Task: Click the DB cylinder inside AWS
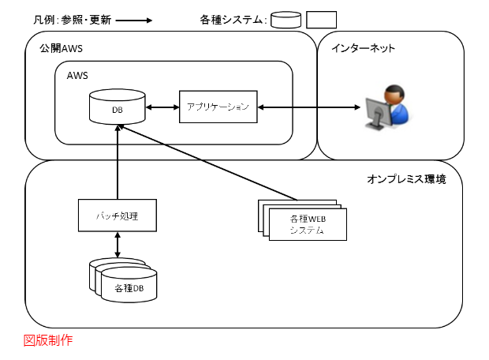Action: tap(118, 109)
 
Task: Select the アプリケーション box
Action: tap(219, 107)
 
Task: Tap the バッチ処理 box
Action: tap(118, 215)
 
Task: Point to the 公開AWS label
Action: tap(61, 49)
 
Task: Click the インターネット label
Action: tap(363, 49)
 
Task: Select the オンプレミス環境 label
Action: tap(406, 180)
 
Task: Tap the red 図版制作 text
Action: tap(48, 340)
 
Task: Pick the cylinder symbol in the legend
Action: tap(286, 21)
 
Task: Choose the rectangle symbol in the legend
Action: tap(321, 21)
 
